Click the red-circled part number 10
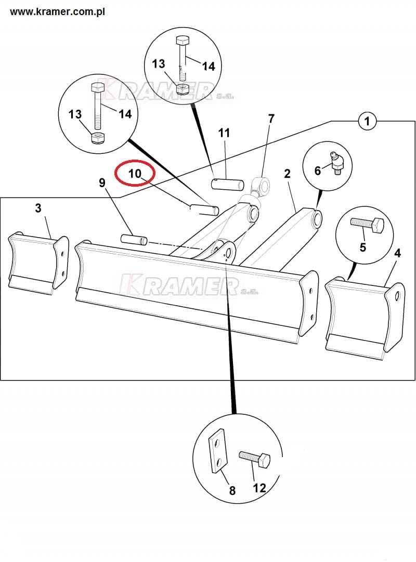135,174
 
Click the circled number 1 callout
367,121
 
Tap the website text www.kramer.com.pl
57,11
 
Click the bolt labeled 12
255,459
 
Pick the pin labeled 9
134,239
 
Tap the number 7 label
271,118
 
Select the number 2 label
287,174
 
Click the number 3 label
38,208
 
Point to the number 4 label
397,253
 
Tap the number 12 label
259,488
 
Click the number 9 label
102,183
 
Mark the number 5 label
363,247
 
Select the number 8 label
232,490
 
